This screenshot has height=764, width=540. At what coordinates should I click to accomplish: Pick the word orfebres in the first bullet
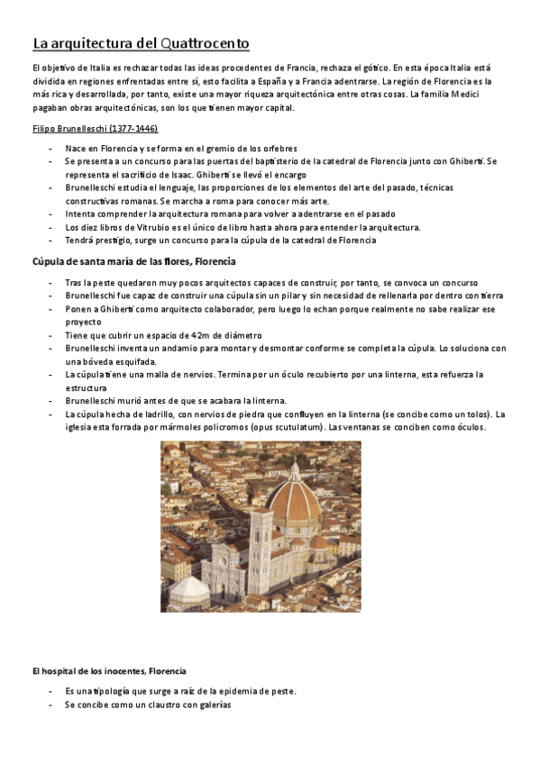click(x=277, y=148)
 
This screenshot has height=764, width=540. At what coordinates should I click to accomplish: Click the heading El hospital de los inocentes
click(x=109, y=671)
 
